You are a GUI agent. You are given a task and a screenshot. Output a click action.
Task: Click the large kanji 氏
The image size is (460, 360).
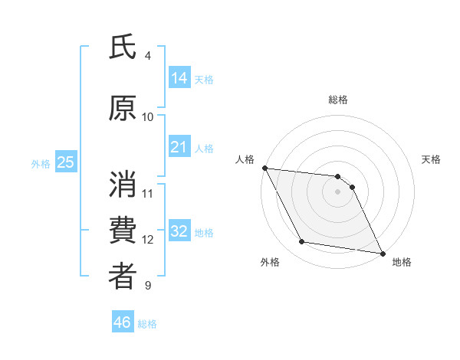pyautogui.click(x=123, y=47)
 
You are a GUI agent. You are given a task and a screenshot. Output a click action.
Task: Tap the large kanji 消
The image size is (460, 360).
pyautogui.click(x=123, y=184)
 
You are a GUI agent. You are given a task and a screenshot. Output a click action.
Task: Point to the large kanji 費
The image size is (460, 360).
pyautogui.click(x=123, y=231)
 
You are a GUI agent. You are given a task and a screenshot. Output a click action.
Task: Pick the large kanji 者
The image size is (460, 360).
pyautogui.click(x=123, y=277)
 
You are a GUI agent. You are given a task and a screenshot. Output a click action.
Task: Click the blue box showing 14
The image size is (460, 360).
pyautogui.click(x=179, y=78)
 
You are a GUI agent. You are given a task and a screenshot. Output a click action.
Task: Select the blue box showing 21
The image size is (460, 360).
pyautogui.click(x=179, y=147)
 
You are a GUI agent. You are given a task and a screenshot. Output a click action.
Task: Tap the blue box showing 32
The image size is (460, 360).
pyautogui.click(x=179, y=231)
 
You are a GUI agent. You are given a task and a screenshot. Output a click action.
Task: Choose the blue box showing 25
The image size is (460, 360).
pyautogui.click(x=65, y=162)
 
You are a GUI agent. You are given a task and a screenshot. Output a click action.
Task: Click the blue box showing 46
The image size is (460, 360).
pyautogui.click(x=123, y=322)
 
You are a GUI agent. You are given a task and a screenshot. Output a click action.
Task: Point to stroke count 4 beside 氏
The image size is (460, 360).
pyautogui.click(x=148, y=56)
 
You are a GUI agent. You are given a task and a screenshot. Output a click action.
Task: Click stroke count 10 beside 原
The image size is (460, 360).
pyautogui.click(x=148, y=116)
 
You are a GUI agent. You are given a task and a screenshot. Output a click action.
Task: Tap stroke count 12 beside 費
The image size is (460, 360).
pyautogui.click(x=148, y=240)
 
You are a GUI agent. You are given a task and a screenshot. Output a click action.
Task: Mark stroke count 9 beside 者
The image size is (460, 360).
pyautogui.click(x=148, y=286)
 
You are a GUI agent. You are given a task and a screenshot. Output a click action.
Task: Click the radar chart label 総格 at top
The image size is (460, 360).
pyautogui.click(x=338, y=100)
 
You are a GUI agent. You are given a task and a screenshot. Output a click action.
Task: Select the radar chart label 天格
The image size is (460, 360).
pyautogui.click(x=432, y=159)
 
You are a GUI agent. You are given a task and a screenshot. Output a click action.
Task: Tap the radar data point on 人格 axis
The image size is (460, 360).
pyautogui.click(x=264, y=168)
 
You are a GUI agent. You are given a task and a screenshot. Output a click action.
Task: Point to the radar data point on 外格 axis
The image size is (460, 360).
pyautogui.click(x=301, y=242)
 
